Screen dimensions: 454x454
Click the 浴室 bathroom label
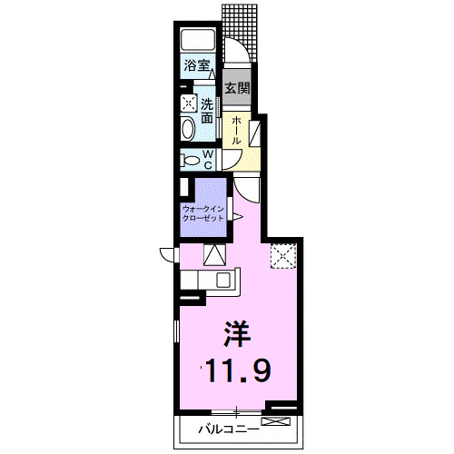coord(197,65)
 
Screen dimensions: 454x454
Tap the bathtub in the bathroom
coord(198,39)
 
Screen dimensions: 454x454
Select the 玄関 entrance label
coord(237,88)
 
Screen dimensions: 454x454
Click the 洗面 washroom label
coord(207,111)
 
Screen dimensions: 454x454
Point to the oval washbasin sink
coord(188,129)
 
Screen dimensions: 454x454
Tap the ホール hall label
coord(236,131)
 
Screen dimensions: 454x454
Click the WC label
coord(208,160)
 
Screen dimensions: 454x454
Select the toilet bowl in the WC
coord(190,160)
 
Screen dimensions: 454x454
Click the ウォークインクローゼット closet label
coord(203,213)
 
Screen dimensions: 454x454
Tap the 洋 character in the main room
coord(237,333)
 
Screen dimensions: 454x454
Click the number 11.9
coord(238,371)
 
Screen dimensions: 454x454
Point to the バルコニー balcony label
coord(229,429)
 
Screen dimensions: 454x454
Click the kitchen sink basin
coord(223,280)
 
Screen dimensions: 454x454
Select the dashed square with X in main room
coord(283,256)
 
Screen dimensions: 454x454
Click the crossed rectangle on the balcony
coord(275,421)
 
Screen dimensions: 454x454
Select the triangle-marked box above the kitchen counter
coord(214,255)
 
